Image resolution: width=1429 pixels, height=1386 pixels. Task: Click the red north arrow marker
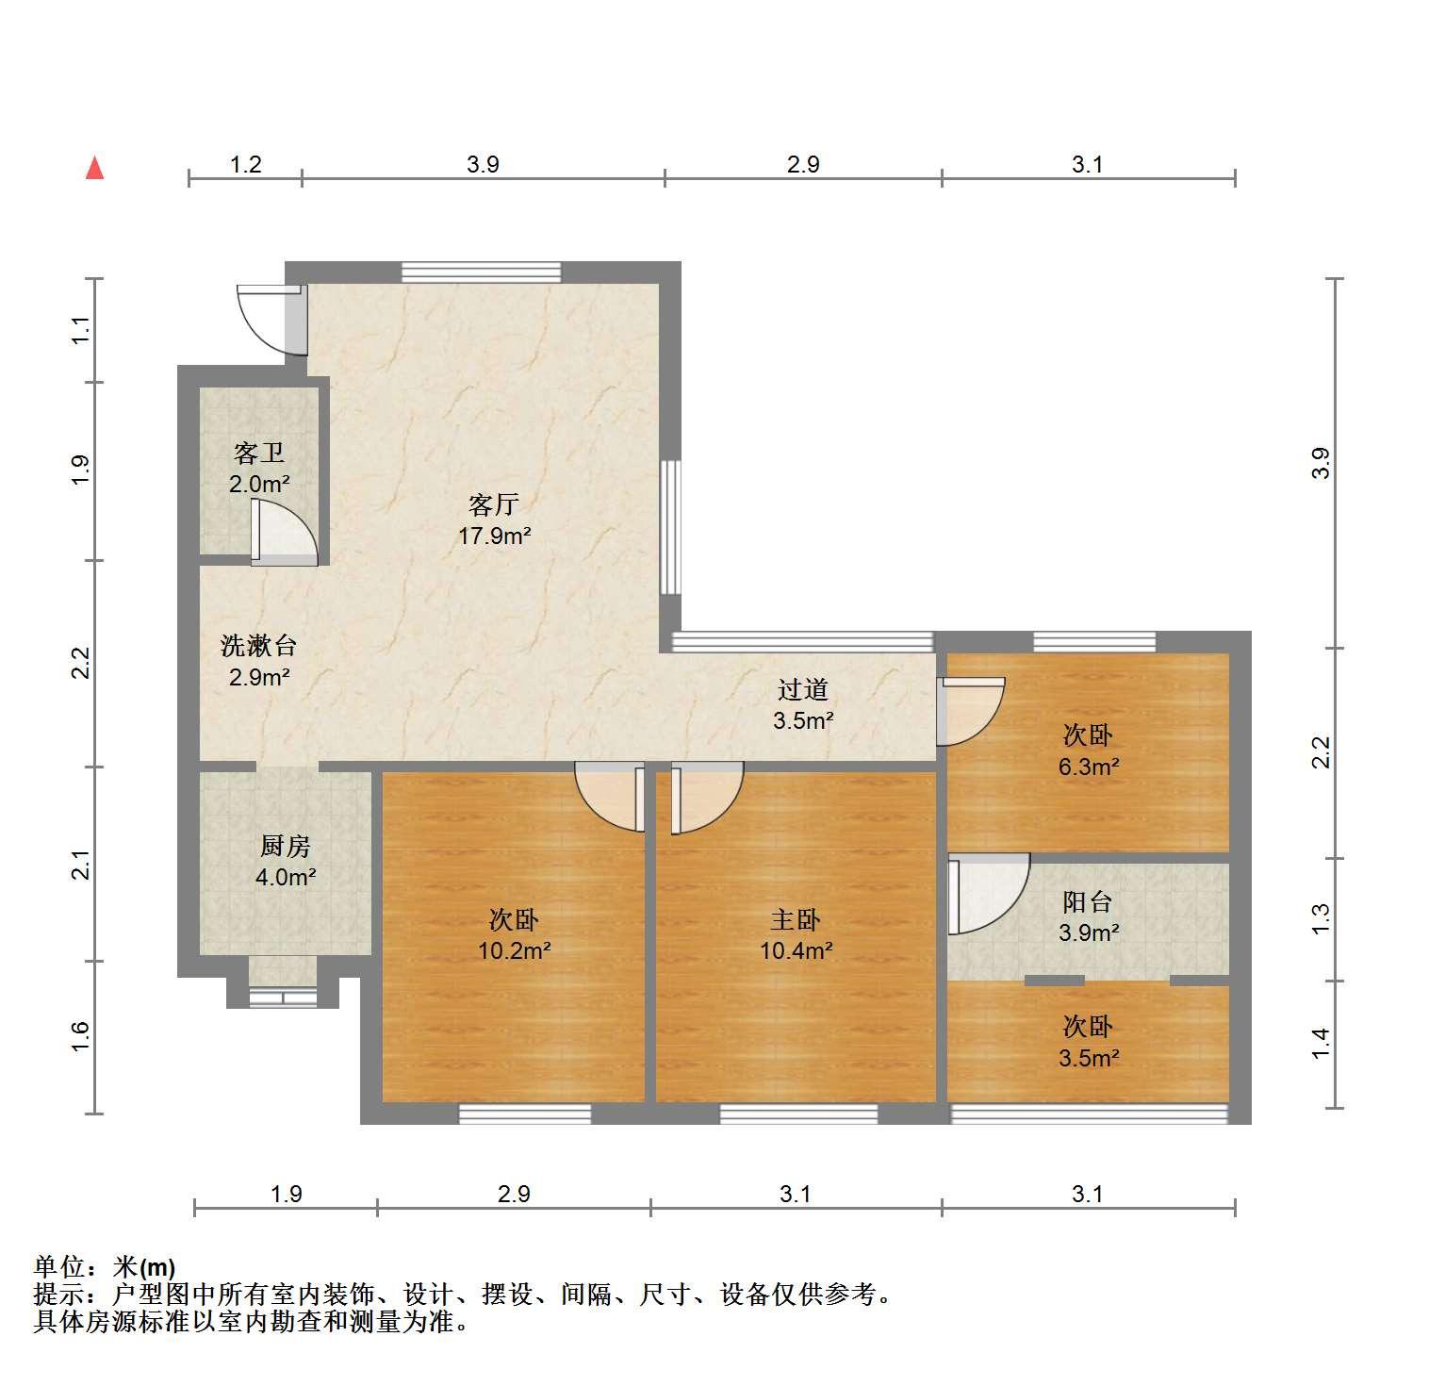(x=94, y=168)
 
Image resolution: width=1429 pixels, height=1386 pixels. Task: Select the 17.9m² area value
(x=495, y=536)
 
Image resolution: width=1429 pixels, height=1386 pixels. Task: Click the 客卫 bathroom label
(x=259, y=454)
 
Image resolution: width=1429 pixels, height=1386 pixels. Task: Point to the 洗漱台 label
(x=259, y=646)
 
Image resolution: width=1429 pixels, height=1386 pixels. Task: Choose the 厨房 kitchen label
(x=286, y=846)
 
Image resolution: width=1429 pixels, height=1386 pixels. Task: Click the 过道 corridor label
(x=803, y=689)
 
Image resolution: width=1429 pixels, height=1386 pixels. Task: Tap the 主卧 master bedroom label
(x=796, y=919)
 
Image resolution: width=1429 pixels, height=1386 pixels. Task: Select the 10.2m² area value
(x=514, y=950)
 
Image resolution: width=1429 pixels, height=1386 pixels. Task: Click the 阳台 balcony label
(x=1088, y=901)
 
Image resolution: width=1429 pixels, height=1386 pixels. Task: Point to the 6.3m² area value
(x=1089, y=767)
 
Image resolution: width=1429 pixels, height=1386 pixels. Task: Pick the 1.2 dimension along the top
(x=246, y=165)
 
